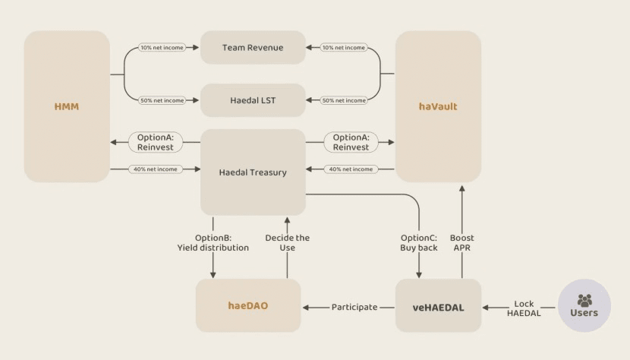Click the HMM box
pyautogui.click(x=67, y=106)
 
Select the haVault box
pyautogui.click(x=438, y=106)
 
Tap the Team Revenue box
pyautogui.click(x=253, y=47)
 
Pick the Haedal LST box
pyautogui.click(x=253, y=100)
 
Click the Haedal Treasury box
pyautogui.click(x=253, y=172)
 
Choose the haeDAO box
pyautogui.click(x=248, y=306)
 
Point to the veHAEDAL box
pyautogui.click(x=438, y=306)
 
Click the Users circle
pyautogui.click(x=584, y=306)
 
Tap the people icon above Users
pyautogui.click(x=584, y=299)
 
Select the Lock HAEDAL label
pyautogui.click(x=524, y=308)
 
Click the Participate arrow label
pyautogui.click(x=354, y=307)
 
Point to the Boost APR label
pyautogui.click(x=461, y=242)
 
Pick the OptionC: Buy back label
pyautogui.click(x=419, y=242)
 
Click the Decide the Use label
pyautogui.click(x=287, y=242)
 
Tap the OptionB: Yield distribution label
pyautogui.click(x=213, y=242)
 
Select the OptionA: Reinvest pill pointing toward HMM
pyautogui.click(x=156, y=142)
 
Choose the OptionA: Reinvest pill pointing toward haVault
pyautogui.click(x=351, y=142)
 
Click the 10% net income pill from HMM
pyautogui.click(x=162, y=48)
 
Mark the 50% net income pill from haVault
pyautogui.click(x=344, y=100)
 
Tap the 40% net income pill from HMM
pyautogui.click(x=156, y=169)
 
